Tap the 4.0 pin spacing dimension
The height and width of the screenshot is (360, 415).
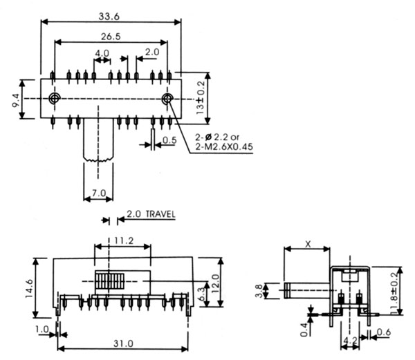(x=102, y=53)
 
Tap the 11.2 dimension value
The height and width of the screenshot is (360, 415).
(x=122, y=241)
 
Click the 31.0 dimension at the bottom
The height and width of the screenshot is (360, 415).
(x=122, y=343)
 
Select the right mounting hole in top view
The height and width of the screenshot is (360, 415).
(x=167, y=99)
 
